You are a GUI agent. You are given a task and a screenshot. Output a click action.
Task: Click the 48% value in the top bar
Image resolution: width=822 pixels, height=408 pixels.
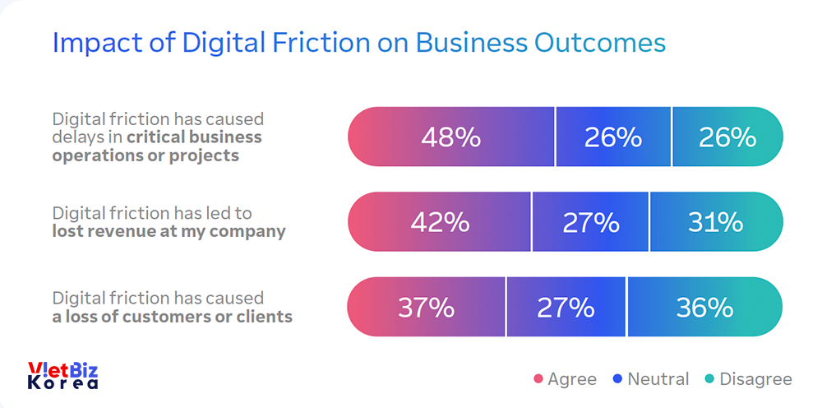[x=450, y=137]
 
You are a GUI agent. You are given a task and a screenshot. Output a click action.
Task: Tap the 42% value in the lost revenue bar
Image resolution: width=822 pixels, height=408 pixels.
[x=439, y=222]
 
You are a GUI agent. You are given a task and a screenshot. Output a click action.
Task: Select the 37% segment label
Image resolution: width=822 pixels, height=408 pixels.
[x=426, y=308]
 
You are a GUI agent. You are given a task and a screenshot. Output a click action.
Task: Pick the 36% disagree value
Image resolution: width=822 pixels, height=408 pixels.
[x=704, y=308]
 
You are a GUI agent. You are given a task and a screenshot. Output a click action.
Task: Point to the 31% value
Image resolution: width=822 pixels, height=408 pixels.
[x=715, y=222]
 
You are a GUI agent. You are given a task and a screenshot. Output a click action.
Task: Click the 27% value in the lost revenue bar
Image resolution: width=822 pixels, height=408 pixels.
[x=590, y=222]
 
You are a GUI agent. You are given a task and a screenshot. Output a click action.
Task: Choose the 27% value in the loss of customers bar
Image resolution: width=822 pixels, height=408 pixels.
[x=566, y=308]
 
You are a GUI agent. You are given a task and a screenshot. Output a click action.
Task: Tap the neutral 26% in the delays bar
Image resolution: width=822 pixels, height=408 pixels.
[x=612, y=137]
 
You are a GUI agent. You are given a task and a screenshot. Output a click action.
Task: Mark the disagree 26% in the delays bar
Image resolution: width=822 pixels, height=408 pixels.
[x=727, y=137]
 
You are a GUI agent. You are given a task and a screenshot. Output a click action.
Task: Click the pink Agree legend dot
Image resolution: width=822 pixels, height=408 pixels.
[x=538, y=379]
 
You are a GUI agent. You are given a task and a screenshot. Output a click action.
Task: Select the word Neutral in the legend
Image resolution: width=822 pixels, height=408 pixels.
[x=658, y=379]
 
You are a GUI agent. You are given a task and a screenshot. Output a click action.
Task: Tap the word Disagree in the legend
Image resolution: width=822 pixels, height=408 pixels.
[x=755, y=379]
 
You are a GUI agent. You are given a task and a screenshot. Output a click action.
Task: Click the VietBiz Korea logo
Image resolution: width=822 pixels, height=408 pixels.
[x=63, y=375]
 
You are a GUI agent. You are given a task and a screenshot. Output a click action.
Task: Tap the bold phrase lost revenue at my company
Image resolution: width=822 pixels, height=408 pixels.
[x=169, y=231]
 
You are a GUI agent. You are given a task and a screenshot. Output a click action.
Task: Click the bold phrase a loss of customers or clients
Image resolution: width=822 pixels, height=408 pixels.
[x=173, y=316]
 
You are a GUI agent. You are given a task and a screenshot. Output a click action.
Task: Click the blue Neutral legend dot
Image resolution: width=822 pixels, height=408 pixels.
[x=617, y=379]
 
